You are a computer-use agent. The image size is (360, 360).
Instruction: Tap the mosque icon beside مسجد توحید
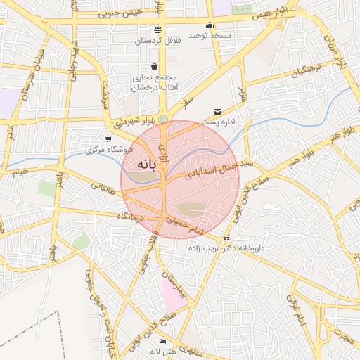click(209, 26)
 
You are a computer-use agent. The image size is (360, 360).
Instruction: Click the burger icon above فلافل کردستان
click(157, 30)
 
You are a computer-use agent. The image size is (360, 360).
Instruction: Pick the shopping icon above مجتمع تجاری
click(153, 66)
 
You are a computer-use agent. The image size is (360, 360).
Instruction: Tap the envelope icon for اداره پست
click(217, 111)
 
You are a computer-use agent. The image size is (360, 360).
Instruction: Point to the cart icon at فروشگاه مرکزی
click(108, 139)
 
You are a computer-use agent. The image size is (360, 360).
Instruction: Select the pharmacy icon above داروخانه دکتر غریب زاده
click(225, 238)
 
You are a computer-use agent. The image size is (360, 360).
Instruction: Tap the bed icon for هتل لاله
click(162, 341)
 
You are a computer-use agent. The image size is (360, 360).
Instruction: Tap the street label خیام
click(20, 171)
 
